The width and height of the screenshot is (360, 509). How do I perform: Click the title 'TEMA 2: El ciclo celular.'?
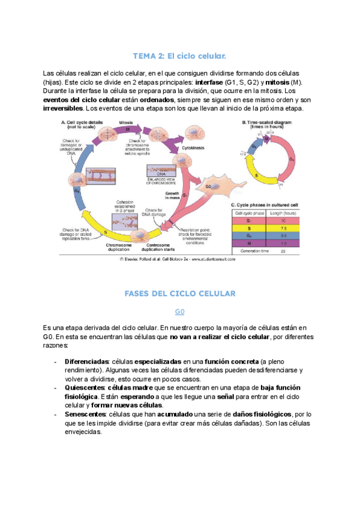point(179,56)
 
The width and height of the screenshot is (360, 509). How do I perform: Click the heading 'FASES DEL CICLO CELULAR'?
point(179,294)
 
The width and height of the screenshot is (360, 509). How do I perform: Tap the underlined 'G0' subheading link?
point(179,312)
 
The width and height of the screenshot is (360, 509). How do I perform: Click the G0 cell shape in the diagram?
point(208,187)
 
